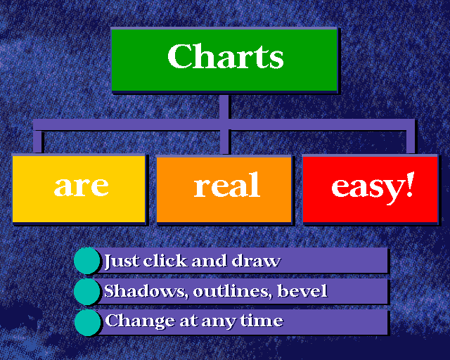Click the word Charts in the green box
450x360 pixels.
[x=226, y=56]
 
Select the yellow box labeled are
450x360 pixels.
[x=79, y=188]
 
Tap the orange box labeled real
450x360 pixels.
[x=224, y=189]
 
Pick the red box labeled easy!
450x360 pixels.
[x=371, y=189]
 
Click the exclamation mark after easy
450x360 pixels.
[x=411, y=184]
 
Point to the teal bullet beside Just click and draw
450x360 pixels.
[x=86, y=261]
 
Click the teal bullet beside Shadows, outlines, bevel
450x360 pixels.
[x=86, y=291]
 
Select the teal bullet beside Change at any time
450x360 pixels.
[x=87, y=323]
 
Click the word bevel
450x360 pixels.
[x=302, y=291]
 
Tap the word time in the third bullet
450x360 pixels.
[x=262, y=320]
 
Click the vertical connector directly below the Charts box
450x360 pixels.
[x=224, y=124]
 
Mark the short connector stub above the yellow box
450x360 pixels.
[x=37, y=141]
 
